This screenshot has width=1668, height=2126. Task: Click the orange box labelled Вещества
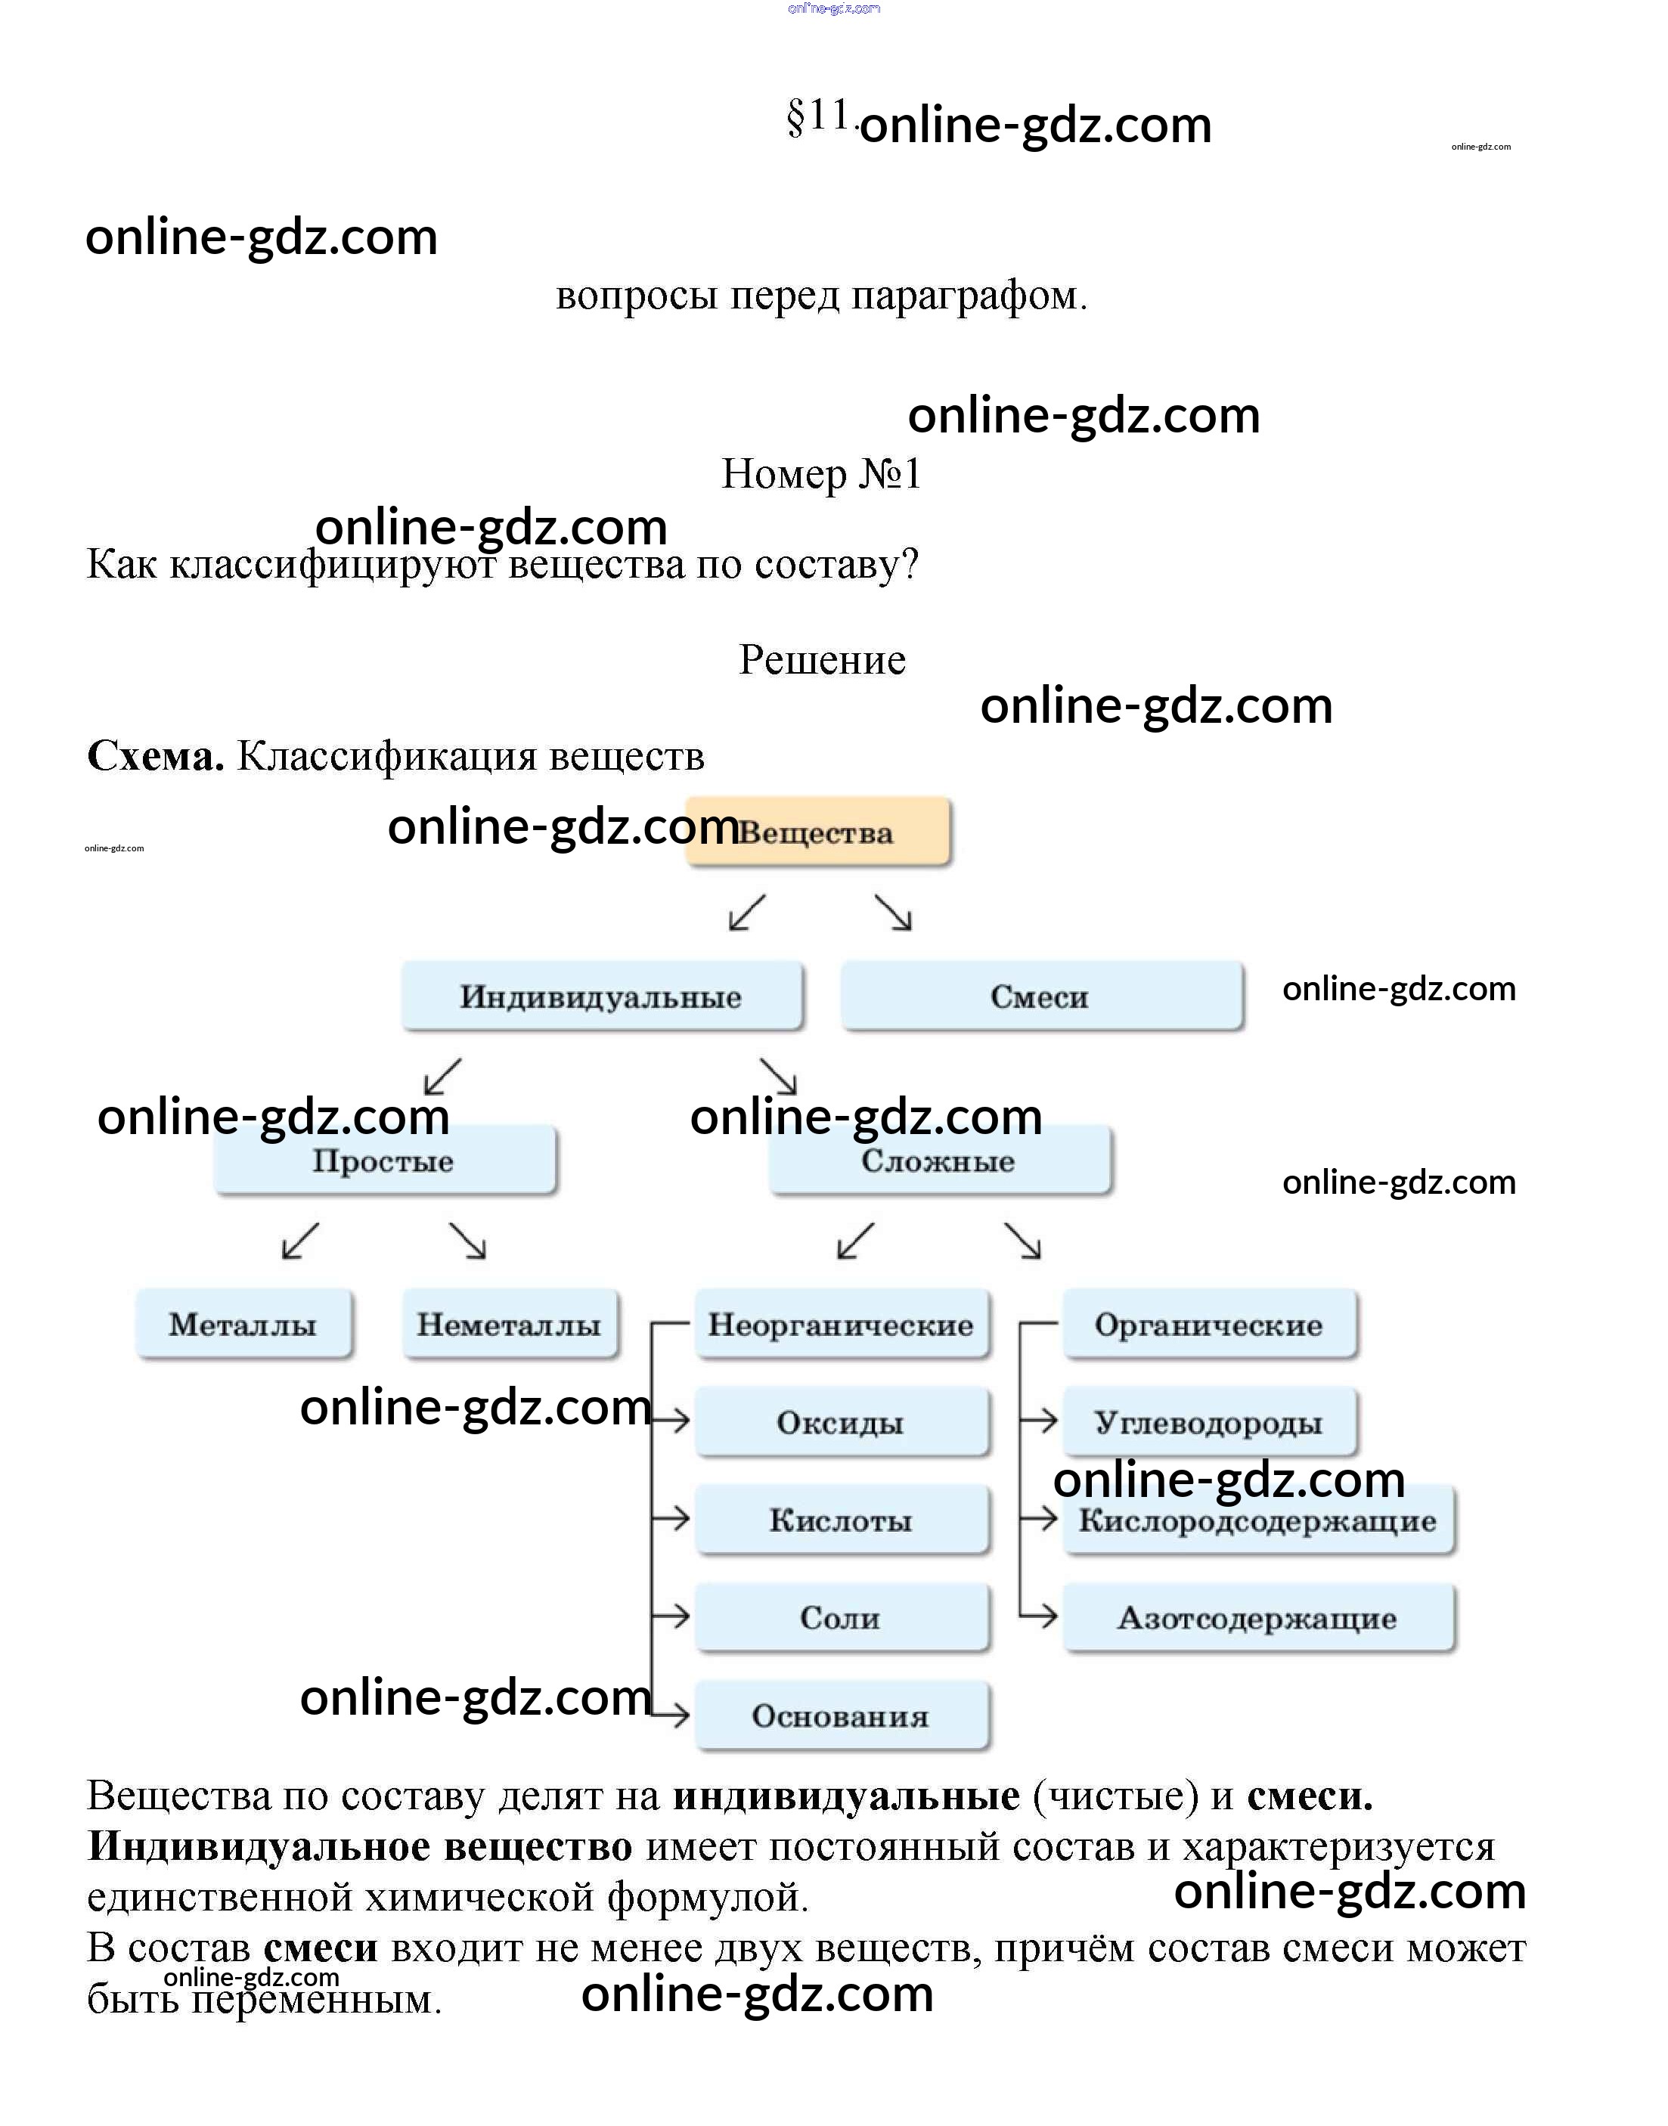818,832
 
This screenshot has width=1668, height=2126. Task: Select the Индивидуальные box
602,996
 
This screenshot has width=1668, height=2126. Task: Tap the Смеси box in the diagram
1041,996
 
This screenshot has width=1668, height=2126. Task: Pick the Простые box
385,1161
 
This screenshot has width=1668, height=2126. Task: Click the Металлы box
243,1325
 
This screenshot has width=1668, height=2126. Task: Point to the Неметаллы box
510,1325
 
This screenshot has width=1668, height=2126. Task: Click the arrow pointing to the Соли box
672,1616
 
